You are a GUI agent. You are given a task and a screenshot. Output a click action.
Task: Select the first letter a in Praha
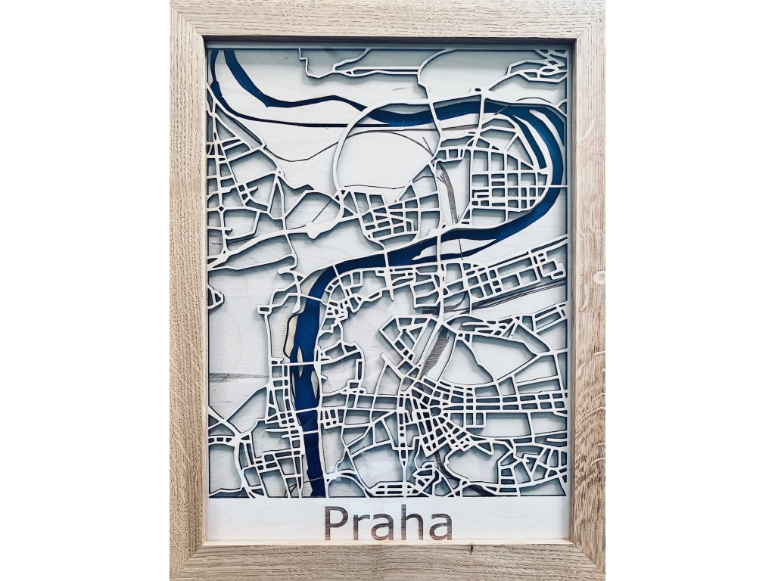[381, 527]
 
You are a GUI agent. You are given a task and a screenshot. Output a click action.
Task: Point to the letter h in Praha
[411, 522]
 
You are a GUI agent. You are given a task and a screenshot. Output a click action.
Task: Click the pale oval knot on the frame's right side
[599, 277]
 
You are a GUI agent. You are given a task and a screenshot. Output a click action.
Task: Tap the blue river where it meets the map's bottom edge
[317, 489]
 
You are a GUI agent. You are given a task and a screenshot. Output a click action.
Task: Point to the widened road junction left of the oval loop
[318, 226]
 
